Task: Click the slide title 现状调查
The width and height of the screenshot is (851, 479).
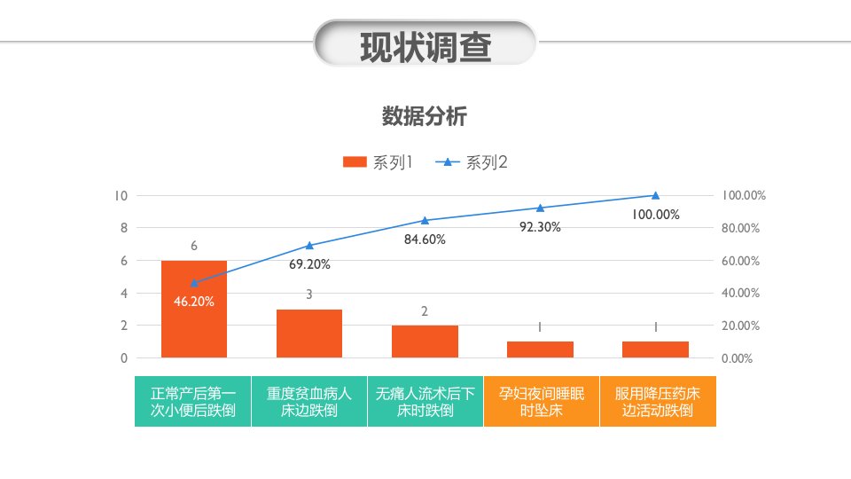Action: coord(425,47)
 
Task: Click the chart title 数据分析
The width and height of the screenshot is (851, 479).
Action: coord(425,116)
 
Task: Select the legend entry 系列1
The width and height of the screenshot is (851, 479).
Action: coord(379,161)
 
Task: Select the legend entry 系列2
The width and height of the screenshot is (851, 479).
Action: coord(472,161)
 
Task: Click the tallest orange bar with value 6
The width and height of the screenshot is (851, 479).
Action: coord(194,309)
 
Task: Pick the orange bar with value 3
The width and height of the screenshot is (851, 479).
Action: coord(309,334)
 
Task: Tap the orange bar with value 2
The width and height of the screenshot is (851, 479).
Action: coord(425,342)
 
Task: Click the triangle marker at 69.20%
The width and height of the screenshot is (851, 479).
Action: coord(309,246)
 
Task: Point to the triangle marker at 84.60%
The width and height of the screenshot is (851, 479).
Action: coord(425,221)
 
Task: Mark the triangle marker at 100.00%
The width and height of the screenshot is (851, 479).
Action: coord(656,195)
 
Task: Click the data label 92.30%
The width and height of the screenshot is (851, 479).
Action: coord(540,227)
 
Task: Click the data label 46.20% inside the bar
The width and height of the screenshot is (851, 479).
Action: coord(194,302)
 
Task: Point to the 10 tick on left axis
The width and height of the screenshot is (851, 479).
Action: coord(121,195)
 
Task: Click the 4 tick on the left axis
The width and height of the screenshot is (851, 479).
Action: coord(124,294)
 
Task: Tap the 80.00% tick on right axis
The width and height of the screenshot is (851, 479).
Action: coord(740,228)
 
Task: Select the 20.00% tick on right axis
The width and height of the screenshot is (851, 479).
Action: coord(740,326)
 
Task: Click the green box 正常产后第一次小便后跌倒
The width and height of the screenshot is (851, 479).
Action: coord(192,401)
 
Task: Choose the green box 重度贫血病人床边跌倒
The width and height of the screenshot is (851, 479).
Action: coord(309,401)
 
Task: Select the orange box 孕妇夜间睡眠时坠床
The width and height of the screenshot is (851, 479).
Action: coord(542,401)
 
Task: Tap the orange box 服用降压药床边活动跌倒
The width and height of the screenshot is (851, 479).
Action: coord(659,401)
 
